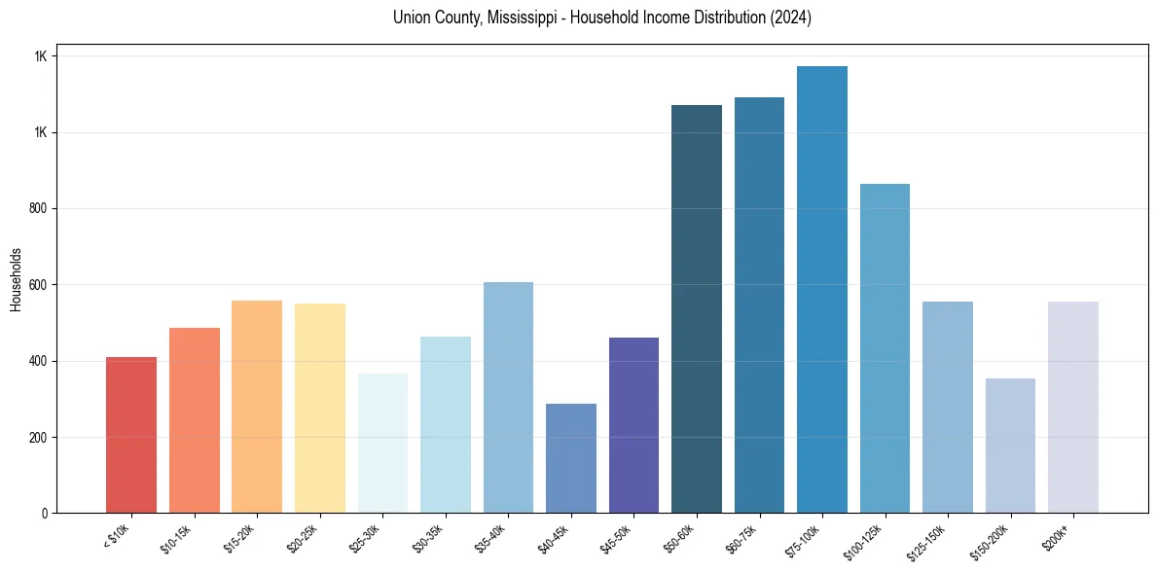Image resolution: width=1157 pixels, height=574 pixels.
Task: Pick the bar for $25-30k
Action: click(382, 443)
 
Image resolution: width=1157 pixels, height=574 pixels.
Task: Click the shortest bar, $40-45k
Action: click(570, 458)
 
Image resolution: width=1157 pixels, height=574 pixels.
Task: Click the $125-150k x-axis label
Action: click(929, 540)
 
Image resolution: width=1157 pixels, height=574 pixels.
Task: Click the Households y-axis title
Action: click(16, 278)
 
